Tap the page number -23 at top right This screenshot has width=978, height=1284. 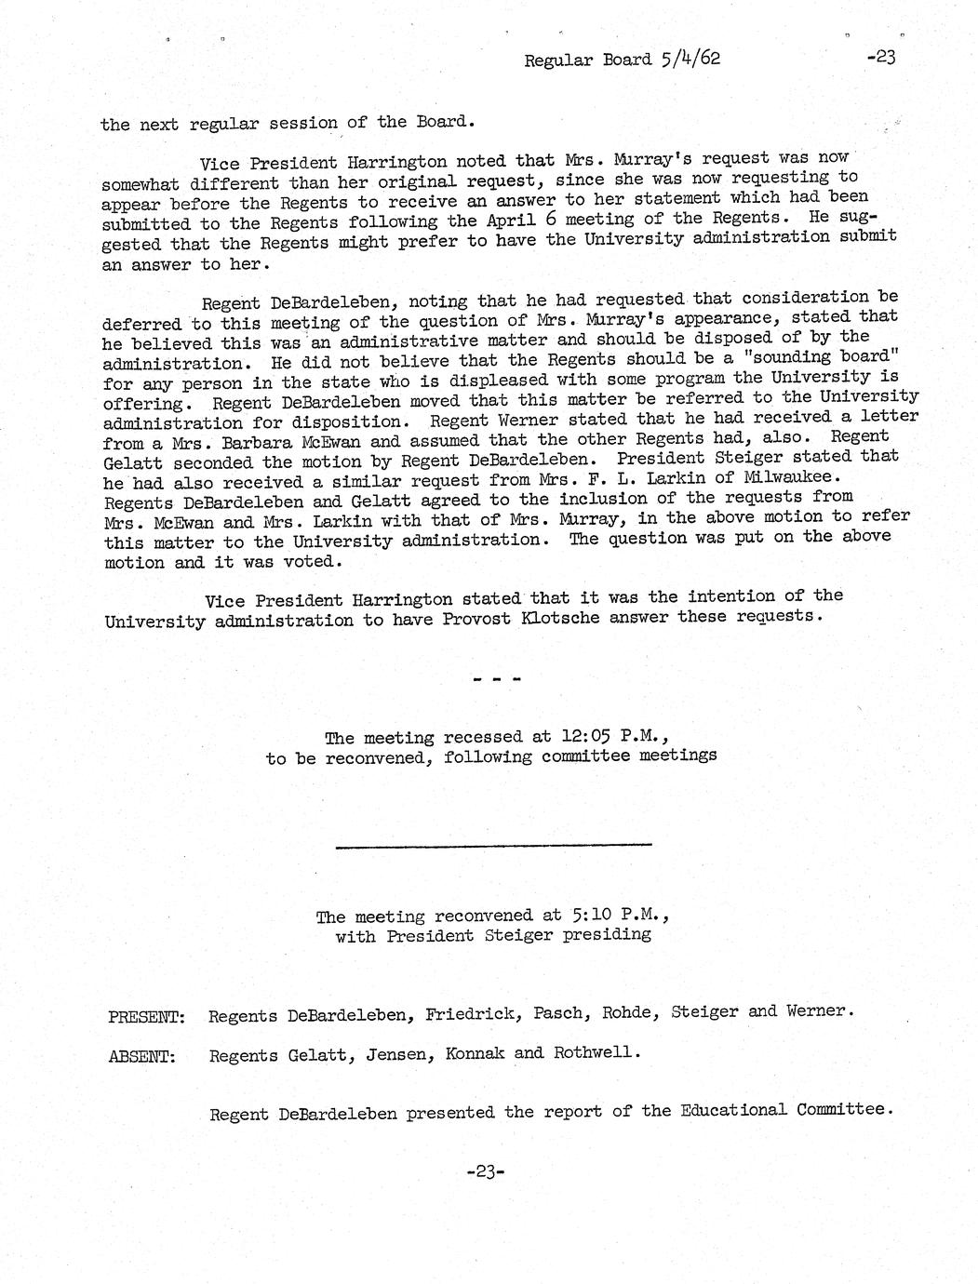(x=879, y=58)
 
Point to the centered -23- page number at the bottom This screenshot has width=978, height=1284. (x=485, y=1172)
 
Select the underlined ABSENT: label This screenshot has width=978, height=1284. (x=142, y=1057)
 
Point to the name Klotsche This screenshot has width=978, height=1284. (x=556, y=618)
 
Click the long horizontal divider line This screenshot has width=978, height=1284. (x=492, y=845)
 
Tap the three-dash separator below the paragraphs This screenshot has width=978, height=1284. (x=496, y=679)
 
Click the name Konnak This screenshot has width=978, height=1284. (x=476, y=1054)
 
